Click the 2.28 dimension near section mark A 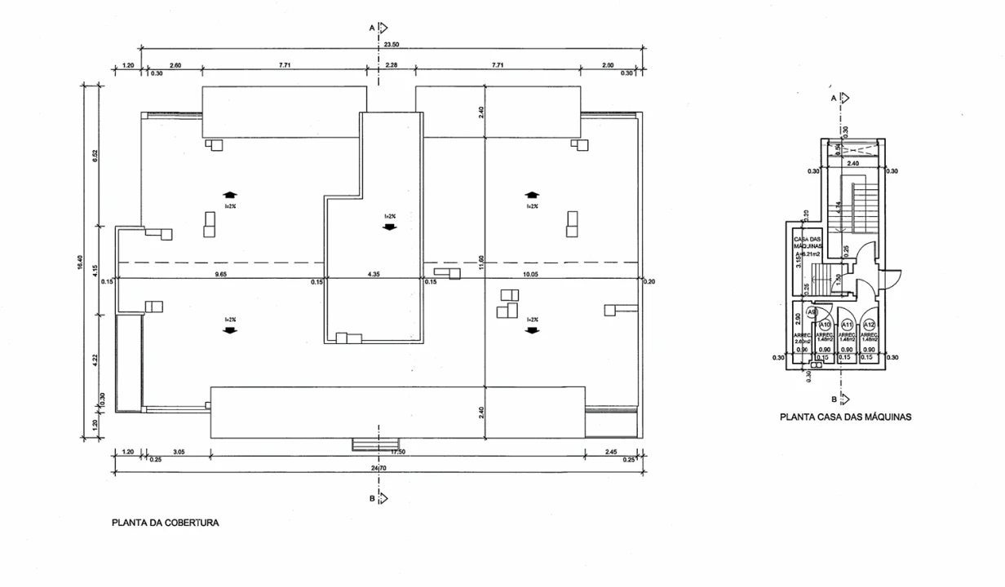pyautogui.click(x=391, y=64)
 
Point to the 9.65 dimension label pyautogui.click(x=221, y=275)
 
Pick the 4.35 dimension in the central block pyautogui.click(x=374, y=275)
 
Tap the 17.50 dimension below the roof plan pyautogui.click(x=399, y=451)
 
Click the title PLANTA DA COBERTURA pyautogui.click(x=166, y=523)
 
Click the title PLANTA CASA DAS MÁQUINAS pyautogui.click(x=845, y=417)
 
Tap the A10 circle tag pyautogui.click(x=825, y=324)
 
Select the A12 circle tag pyautogui.click(x=870, y=324)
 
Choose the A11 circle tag pyautogui.click(x=847, y=324)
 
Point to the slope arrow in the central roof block pyautogui.click(x=389, y=227)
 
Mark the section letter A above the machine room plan pyautogui.click(x=833, y=97)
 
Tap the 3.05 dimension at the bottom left pyautogui.click(x=178, y=451)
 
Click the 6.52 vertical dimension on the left pyautogui.click(x=95, y=156)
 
